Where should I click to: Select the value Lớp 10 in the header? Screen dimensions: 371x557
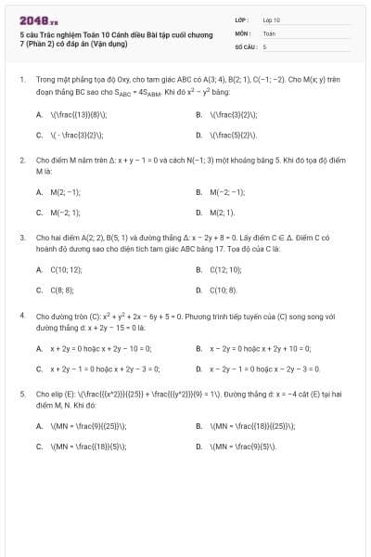[x=271, y=19]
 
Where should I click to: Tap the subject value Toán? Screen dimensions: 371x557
[x=269, y=32]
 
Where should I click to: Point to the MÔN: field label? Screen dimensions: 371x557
[x=242, y=32]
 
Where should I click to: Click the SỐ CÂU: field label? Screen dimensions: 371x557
[x=245, y=45]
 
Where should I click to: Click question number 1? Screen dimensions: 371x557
[x=21, y=81]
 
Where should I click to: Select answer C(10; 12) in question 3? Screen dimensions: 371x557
[x=66, y=269]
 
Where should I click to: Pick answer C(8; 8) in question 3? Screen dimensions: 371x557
[x=62, y=289]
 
